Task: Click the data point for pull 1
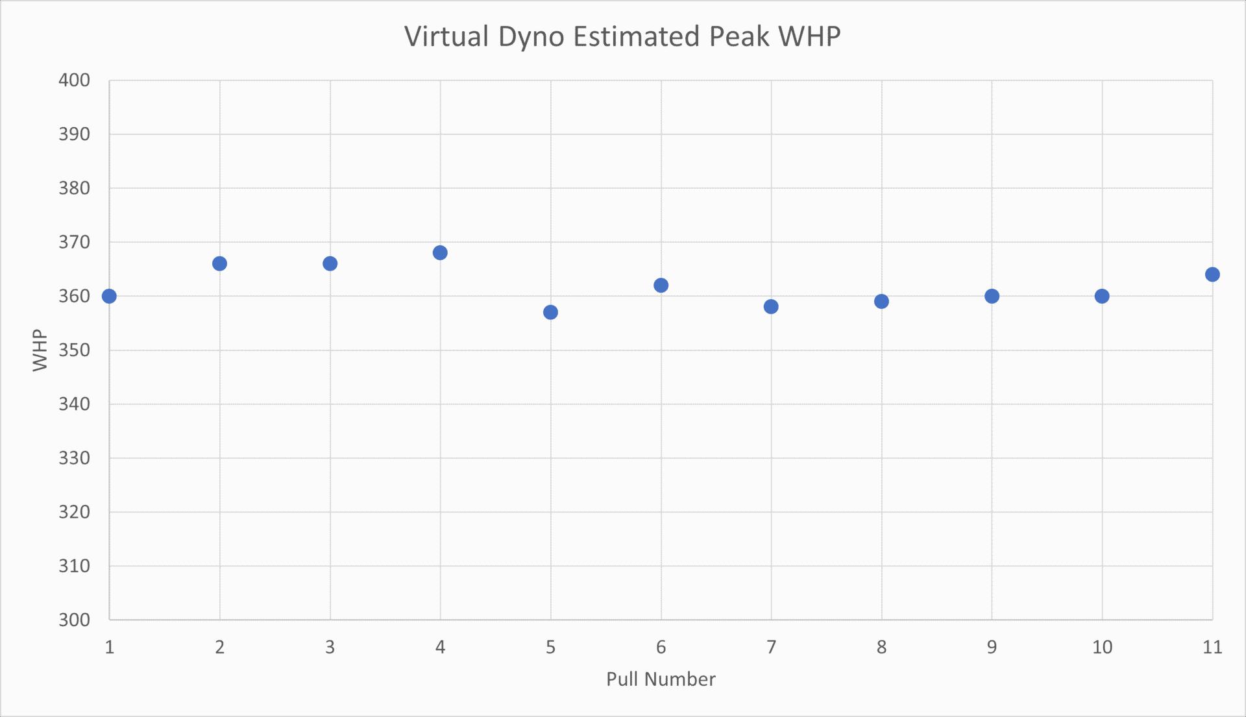tap(109, 297)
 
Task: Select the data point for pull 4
tap(440, 253)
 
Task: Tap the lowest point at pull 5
tap(550, 313)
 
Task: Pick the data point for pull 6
tap(661, 286)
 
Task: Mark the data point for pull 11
tap(1212, 274)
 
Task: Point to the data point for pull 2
tap(219, 263)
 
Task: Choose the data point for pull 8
tap(881, 302)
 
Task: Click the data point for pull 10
tap(1102, 297)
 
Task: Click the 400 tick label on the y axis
tap(74, 80)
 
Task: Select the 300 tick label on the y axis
tap(74, 620)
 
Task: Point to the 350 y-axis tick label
tap(74, 350)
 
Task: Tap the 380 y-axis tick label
tap(74, 188)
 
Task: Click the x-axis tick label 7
tap(771, 647)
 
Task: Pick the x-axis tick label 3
tap(330, 647)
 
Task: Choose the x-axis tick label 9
tap(992, 647)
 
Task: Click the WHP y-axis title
tap(40, 350)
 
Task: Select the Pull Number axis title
tap(661, 679)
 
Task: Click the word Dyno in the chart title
tap(531, 37)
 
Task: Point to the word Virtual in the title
tap(446, 37)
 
